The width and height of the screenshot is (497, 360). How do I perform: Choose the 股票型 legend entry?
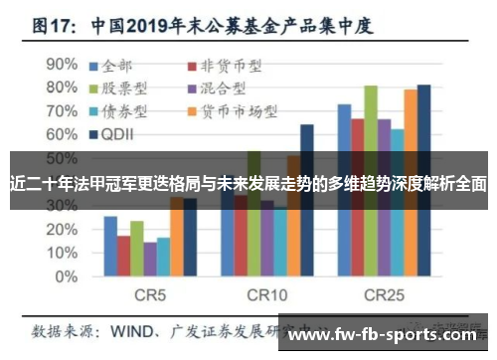point(130,89)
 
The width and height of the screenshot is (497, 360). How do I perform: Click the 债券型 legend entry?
point(130,110)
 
